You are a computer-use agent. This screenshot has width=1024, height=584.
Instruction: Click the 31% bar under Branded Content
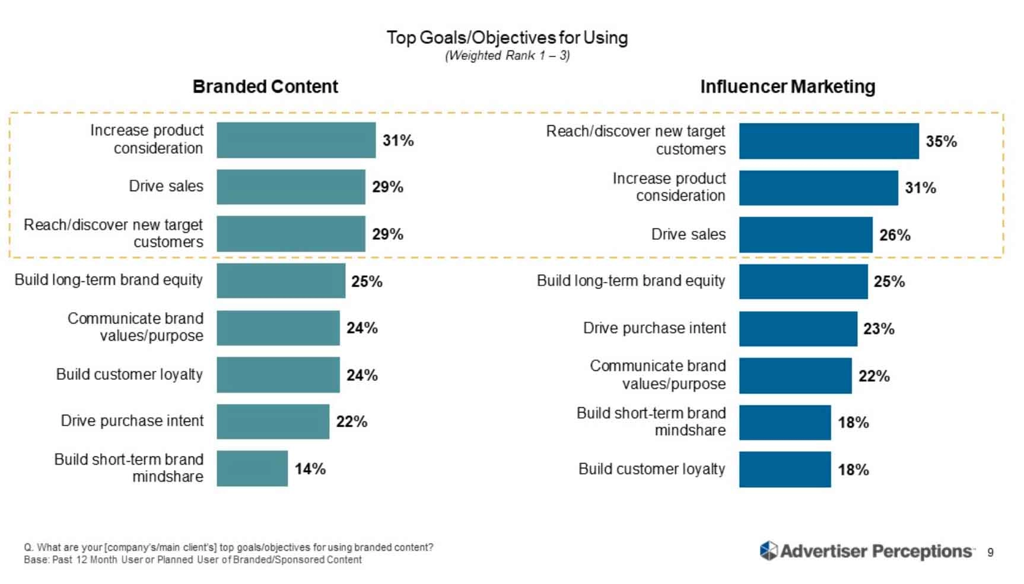(295, 140)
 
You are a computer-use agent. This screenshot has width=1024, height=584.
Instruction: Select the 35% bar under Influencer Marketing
(828, 141)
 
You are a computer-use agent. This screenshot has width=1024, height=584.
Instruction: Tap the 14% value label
(310, 469)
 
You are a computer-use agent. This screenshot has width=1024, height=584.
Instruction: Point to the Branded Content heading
(265, 87)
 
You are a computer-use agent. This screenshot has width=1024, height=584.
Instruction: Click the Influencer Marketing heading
(787, 87)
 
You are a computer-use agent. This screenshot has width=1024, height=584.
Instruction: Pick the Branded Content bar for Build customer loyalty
(278, 374)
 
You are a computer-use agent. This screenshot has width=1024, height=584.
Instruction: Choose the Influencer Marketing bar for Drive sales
(805, 234)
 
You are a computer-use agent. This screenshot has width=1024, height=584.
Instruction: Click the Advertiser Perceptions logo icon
(768, 551)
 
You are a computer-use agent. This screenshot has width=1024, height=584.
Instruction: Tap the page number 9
(990, 553)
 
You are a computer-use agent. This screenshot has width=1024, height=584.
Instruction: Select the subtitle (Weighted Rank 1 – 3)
(507, 56)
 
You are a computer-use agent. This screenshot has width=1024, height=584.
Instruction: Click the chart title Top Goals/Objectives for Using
(507, 37)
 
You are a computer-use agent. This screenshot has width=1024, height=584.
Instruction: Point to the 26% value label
(895, 235)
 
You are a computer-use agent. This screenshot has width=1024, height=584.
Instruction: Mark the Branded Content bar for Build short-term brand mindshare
(252, 468)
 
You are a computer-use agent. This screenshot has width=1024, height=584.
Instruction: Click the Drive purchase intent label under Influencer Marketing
(654, 328)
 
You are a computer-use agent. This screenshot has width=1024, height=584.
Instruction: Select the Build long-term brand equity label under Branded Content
(109, 280)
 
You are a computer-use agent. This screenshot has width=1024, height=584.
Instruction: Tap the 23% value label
(879, 329)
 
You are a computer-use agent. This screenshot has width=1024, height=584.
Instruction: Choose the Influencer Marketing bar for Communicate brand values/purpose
(795, 376)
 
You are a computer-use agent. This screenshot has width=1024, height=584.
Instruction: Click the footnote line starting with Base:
(193, 560)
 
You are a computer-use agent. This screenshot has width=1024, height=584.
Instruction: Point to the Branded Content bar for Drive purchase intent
(272, 421)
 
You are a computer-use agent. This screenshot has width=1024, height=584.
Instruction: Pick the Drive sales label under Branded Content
(166, 186)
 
